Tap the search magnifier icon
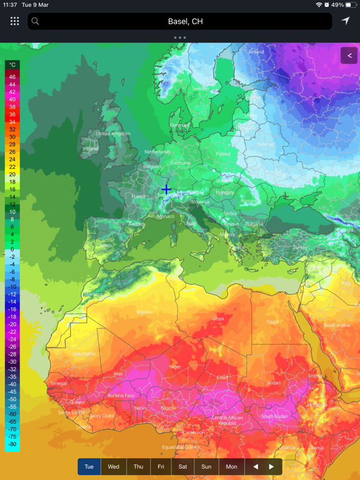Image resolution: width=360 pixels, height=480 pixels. point(35,21)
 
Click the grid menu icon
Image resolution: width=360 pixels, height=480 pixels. point(15,21)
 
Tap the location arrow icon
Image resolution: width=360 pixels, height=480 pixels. point(345,21)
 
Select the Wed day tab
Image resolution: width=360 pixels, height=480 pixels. point(113,467)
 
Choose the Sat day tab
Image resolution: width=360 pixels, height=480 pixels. point(183,467)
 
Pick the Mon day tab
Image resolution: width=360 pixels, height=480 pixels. point(231,467)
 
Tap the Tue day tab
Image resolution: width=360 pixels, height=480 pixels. point(89,467)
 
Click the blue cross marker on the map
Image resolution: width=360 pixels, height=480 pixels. point(166,190)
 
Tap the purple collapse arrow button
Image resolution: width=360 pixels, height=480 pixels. point(349,55)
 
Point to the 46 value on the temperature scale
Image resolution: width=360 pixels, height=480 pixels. point(12,77)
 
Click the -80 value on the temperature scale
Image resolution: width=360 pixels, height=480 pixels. point(12,444)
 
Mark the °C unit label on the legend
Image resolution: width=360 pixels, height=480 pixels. point(12,65)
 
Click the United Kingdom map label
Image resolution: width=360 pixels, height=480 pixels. point(113,134)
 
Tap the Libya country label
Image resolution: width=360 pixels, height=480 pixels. point(218,318)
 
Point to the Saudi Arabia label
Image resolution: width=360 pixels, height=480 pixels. point(336,325)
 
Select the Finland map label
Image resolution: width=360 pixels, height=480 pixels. point(256,52)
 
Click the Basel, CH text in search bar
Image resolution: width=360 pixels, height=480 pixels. point(185,21)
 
